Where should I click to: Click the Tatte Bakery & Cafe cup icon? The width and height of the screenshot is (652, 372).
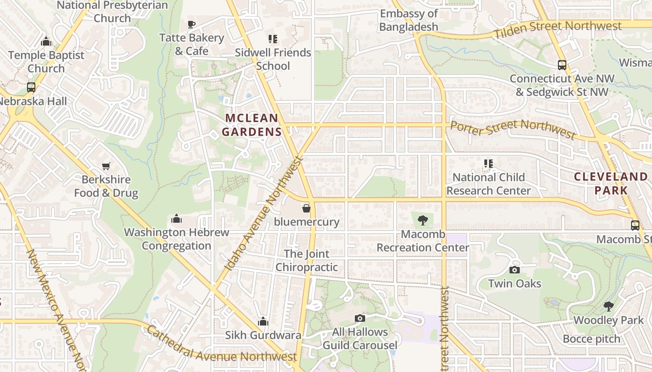[191, 24]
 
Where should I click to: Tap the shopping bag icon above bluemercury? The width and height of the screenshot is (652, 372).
[306, 208]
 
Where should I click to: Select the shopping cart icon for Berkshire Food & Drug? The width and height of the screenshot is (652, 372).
[106, 166]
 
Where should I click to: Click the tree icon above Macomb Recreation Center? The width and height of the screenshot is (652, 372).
[423, 220]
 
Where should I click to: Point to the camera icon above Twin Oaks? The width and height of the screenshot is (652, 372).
[515, 270]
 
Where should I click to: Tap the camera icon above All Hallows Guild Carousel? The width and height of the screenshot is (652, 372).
[360, 318]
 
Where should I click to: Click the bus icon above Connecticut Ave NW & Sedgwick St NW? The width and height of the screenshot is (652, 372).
[562, 65]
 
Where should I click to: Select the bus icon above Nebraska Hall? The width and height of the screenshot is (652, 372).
[31, 87]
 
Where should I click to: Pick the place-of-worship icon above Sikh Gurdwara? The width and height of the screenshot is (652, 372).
[263, 321]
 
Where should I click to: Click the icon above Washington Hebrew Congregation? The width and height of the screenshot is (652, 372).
[177, 219]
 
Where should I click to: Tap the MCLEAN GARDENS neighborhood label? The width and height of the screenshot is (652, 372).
[252, 125]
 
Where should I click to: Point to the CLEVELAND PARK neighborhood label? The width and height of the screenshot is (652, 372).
[611, 183]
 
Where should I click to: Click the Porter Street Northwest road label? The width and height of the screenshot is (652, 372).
[513, 128]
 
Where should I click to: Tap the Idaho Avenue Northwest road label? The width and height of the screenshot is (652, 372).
[264, 214]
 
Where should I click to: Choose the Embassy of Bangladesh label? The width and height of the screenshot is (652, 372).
[409, 20]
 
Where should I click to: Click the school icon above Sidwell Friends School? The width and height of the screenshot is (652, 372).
[273, 39]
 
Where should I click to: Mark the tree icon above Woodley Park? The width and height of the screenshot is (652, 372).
[608, 306]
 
